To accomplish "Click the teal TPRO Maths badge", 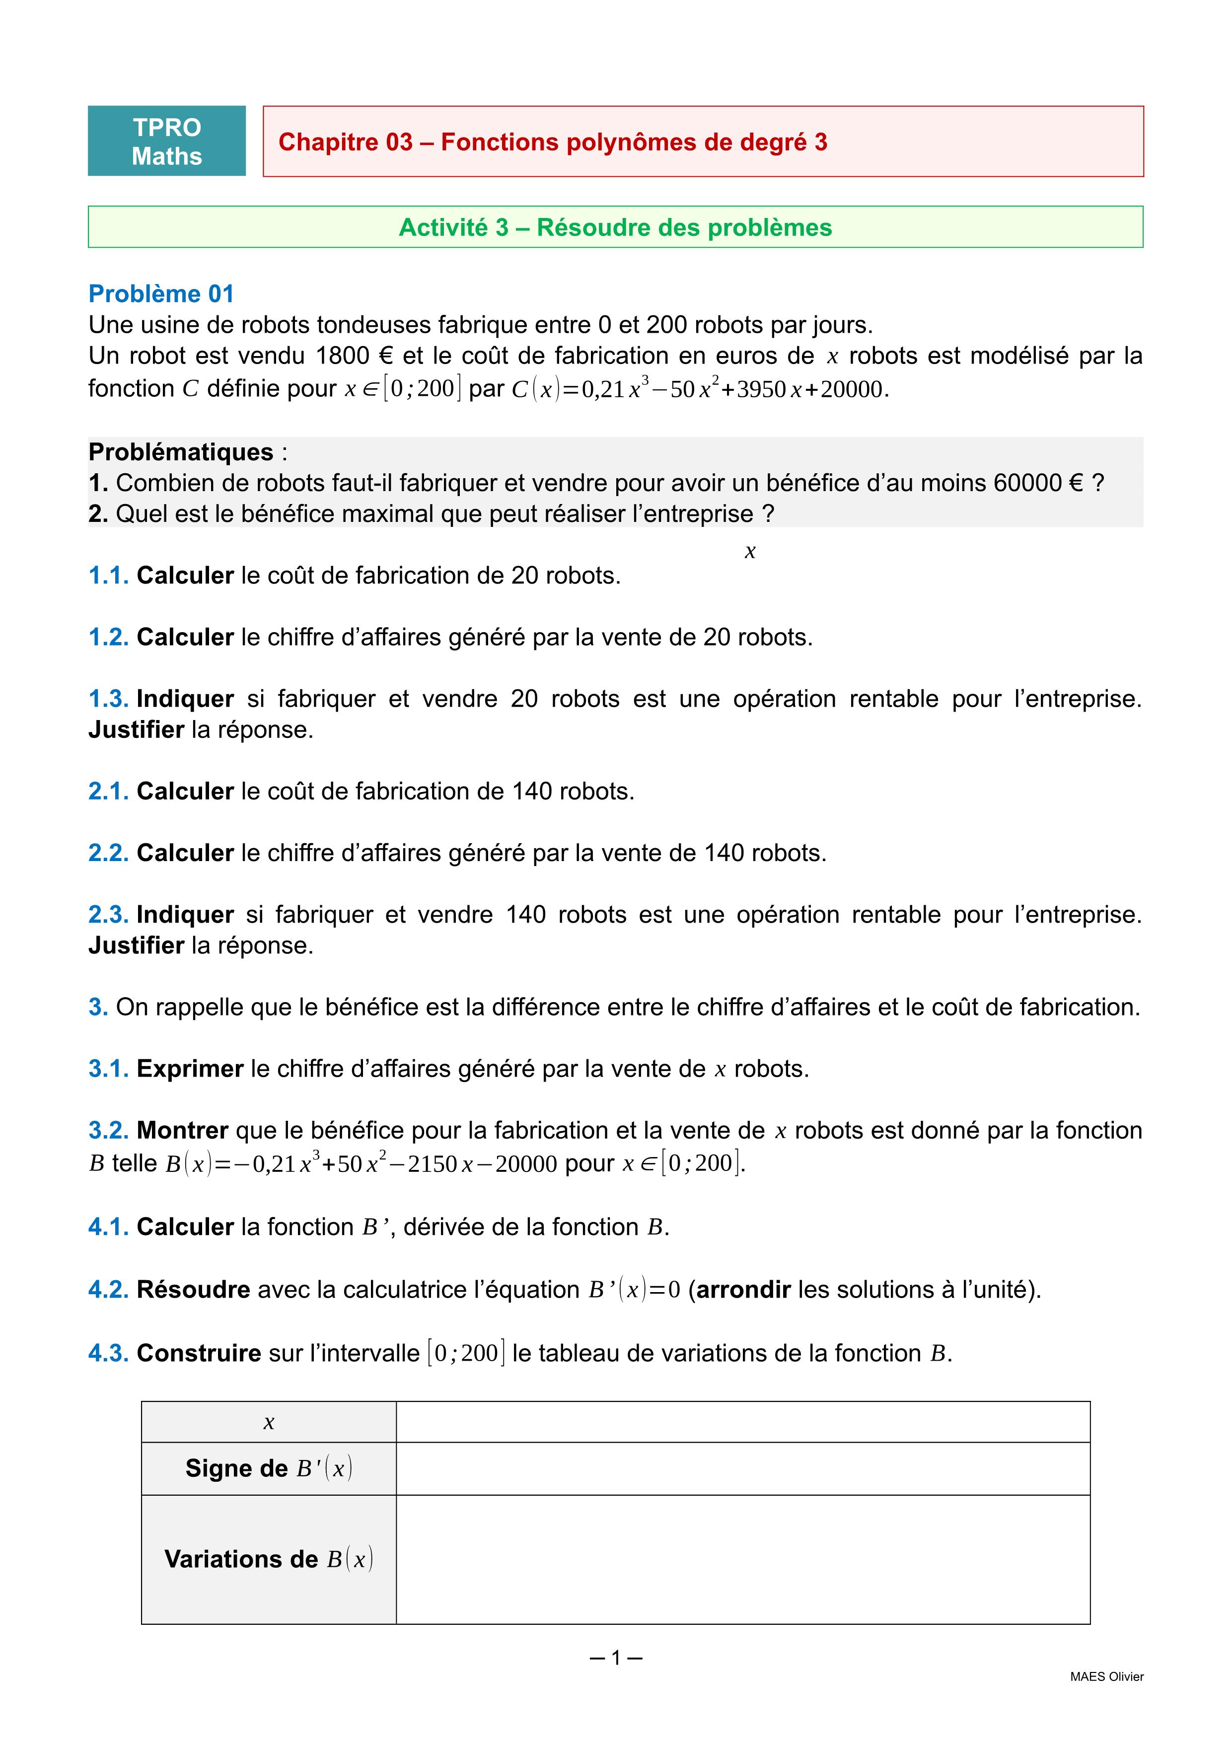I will click(167, 141).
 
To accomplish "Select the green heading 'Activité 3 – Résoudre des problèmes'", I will click(615, 227).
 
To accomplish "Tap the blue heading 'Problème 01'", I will click(161, 293).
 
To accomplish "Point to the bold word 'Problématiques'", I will click(181, 452).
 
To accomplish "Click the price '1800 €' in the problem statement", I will click(354, 356).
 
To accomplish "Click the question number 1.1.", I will click(108, 576).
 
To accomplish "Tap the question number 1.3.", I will click(108, 699).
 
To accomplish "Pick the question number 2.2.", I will click(108, 853).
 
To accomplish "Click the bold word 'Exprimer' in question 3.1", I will click(190, 1069).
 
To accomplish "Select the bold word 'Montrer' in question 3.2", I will click(182, 1131).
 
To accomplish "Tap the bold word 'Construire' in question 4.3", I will click(199, 1353).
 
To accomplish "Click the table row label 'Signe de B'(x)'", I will click(269, 1469).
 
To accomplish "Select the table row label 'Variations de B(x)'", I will click(269, 1559).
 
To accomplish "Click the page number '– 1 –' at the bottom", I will click(615, 1658).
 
